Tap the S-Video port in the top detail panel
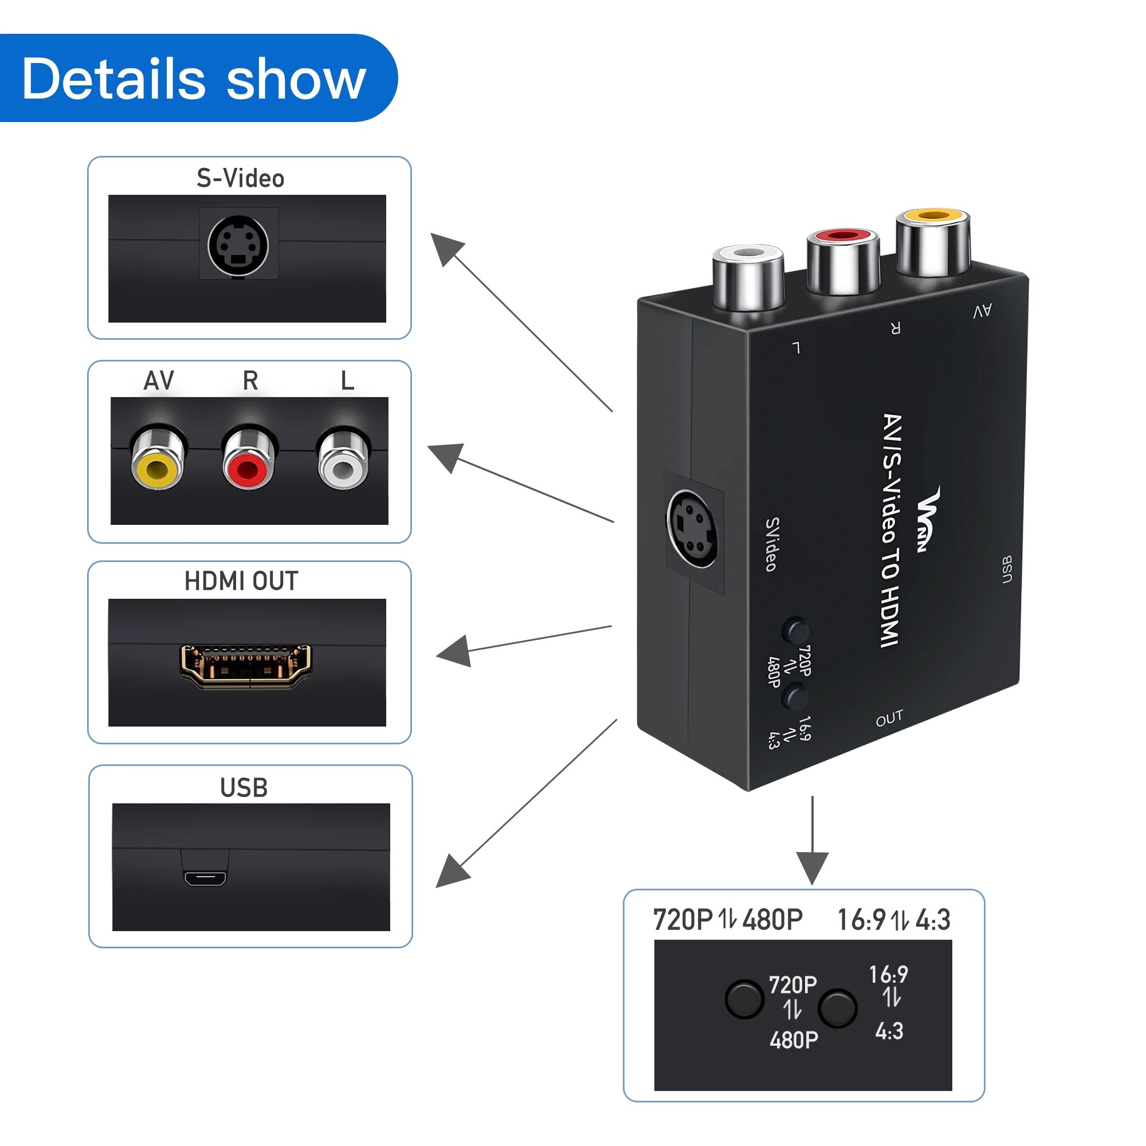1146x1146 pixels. pos(238,245)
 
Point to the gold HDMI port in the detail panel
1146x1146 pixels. pos(246,665)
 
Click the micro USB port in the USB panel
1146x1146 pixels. pos(205,877)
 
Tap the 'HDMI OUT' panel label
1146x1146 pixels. pos(241,581)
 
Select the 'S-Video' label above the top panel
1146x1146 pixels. pos(240,179)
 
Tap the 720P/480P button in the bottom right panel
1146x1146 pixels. pos(744,999)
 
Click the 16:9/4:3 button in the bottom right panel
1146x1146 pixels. pos(837,1008)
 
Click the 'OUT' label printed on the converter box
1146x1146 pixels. pos(889,719)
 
